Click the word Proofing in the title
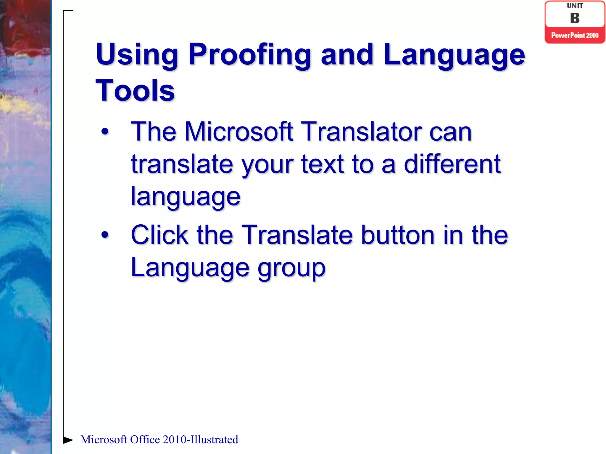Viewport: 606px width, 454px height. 249,55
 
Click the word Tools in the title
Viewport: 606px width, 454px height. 135,91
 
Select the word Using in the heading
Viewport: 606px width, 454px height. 137,55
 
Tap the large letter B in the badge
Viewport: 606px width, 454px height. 575,18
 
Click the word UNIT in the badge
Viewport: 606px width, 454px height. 575,6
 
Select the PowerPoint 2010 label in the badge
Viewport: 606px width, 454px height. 575,35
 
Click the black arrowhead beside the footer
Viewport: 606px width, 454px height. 68,440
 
